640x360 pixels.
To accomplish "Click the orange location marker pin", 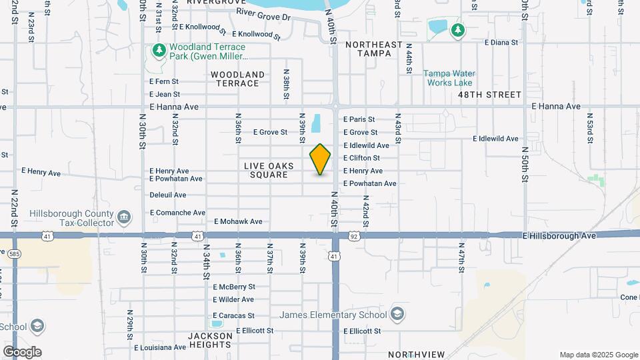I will [321, 159].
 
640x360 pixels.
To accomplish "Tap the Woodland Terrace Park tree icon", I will [159, 51].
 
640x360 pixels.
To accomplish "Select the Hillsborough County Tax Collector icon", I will [124, 217].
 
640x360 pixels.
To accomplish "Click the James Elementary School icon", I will [397, 314].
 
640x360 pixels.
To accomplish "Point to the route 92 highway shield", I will [354, 236].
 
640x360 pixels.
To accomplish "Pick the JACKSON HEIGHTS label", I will [210, 341].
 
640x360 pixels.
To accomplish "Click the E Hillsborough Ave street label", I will [559, 236].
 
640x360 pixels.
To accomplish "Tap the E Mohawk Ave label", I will [238, 221].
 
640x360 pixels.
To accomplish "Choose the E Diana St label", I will [501, 42].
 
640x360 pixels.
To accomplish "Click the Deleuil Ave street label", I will [168, 195].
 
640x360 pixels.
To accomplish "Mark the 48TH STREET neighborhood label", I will [490, 95].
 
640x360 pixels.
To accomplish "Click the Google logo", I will [22, 352].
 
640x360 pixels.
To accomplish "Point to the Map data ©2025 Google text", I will [599, 355].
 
